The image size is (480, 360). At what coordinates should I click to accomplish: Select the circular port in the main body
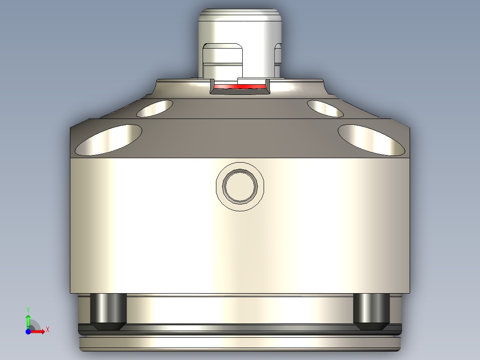240,186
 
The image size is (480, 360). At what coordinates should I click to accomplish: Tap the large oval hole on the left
109,139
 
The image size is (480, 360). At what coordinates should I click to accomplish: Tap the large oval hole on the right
371,139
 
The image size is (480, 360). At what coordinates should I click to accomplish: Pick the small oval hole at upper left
155,108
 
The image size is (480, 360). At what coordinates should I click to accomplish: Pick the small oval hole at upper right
325,108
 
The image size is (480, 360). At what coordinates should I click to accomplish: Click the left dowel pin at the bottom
108,311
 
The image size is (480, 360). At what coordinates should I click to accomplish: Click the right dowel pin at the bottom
372,311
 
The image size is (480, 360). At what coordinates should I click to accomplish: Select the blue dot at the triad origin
28,331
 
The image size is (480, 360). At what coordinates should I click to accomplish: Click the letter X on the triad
47,329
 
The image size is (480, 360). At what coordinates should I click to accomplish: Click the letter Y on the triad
28,309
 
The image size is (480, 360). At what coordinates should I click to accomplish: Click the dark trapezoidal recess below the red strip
240,92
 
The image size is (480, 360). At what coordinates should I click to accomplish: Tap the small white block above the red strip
252,81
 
